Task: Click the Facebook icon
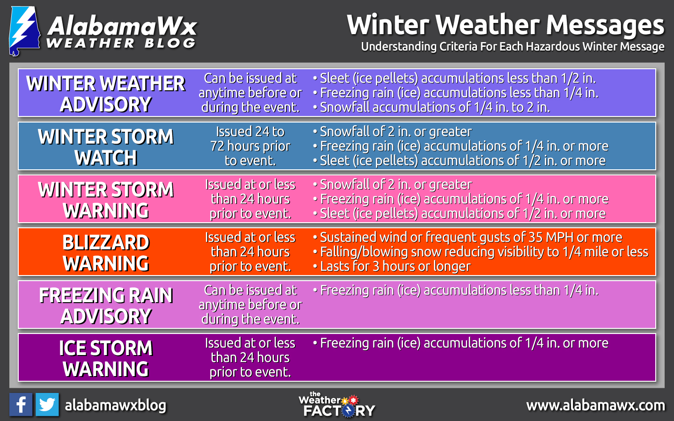21,405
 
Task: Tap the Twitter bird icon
47,405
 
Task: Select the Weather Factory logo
337,405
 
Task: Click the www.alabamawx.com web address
595,406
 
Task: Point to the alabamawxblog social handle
116,406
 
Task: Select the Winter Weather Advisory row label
106,94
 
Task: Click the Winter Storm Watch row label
106,147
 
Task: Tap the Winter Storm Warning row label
106,200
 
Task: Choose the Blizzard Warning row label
106,253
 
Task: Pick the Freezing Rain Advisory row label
106,305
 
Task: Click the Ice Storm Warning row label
106,358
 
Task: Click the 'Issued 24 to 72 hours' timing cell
250,146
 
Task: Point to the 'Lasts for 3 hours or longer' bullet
392,267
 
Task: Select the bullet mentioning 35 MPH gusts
468,237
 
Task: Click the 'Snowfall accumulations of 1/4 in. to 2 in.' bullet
432,108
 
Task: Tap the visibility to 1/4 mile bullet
481,252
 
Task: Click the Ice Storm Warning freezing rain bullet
461,343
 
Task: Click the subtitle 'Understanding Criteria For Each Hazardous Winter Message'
513,47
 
